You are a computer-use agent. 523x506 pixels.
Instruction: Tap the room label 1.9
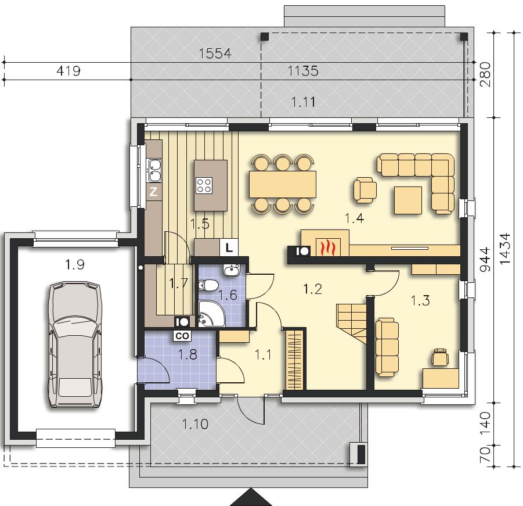point(75,265)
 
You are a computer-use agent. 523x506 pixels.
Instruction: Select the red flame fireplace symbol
point(328,247)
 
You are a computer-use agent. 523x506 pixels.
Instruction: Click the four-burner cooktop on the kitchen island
point(204,185)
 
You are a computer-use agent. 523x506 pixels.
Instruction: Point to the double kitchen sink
point(154,170)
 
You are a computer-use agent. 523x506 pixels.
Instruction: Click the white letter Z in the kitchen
point(153,192)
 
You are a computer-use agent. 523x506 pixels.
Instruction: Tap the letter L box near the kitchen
point(229,247)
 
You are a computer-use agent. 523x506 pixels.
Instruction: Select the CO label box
point(182,336)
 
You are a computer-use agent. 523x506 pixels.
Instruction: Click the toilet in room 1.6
point(208,285)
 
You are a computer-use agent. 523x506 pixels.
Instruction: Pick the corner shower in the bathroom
point(211,313)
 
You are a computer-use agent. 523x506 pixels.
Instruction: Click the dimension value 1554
point(215,53)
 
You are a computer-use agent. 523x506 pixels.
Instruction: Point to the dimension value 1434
point(505,249)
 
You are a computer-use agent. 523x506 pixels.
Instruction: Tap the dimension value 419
point(68,71)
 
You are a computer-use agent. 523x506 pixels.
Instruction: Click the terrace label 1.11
point(303,102)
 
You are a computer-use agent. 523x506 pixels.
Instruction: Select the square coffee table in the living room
point(408,200)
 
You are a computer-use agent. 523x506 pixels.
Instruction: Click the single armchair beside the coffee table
point(365,190)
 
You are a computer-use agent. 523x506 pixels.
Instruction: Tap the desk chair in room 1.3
point(440,357)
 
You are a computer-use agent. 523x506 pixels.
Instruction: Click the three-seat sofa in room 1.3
point(387,347)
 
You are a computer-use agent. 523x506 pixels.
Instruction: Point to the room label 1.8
point(188,354)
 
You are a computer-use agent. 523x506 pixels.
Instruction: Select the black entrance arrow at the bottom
point(251,498)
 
